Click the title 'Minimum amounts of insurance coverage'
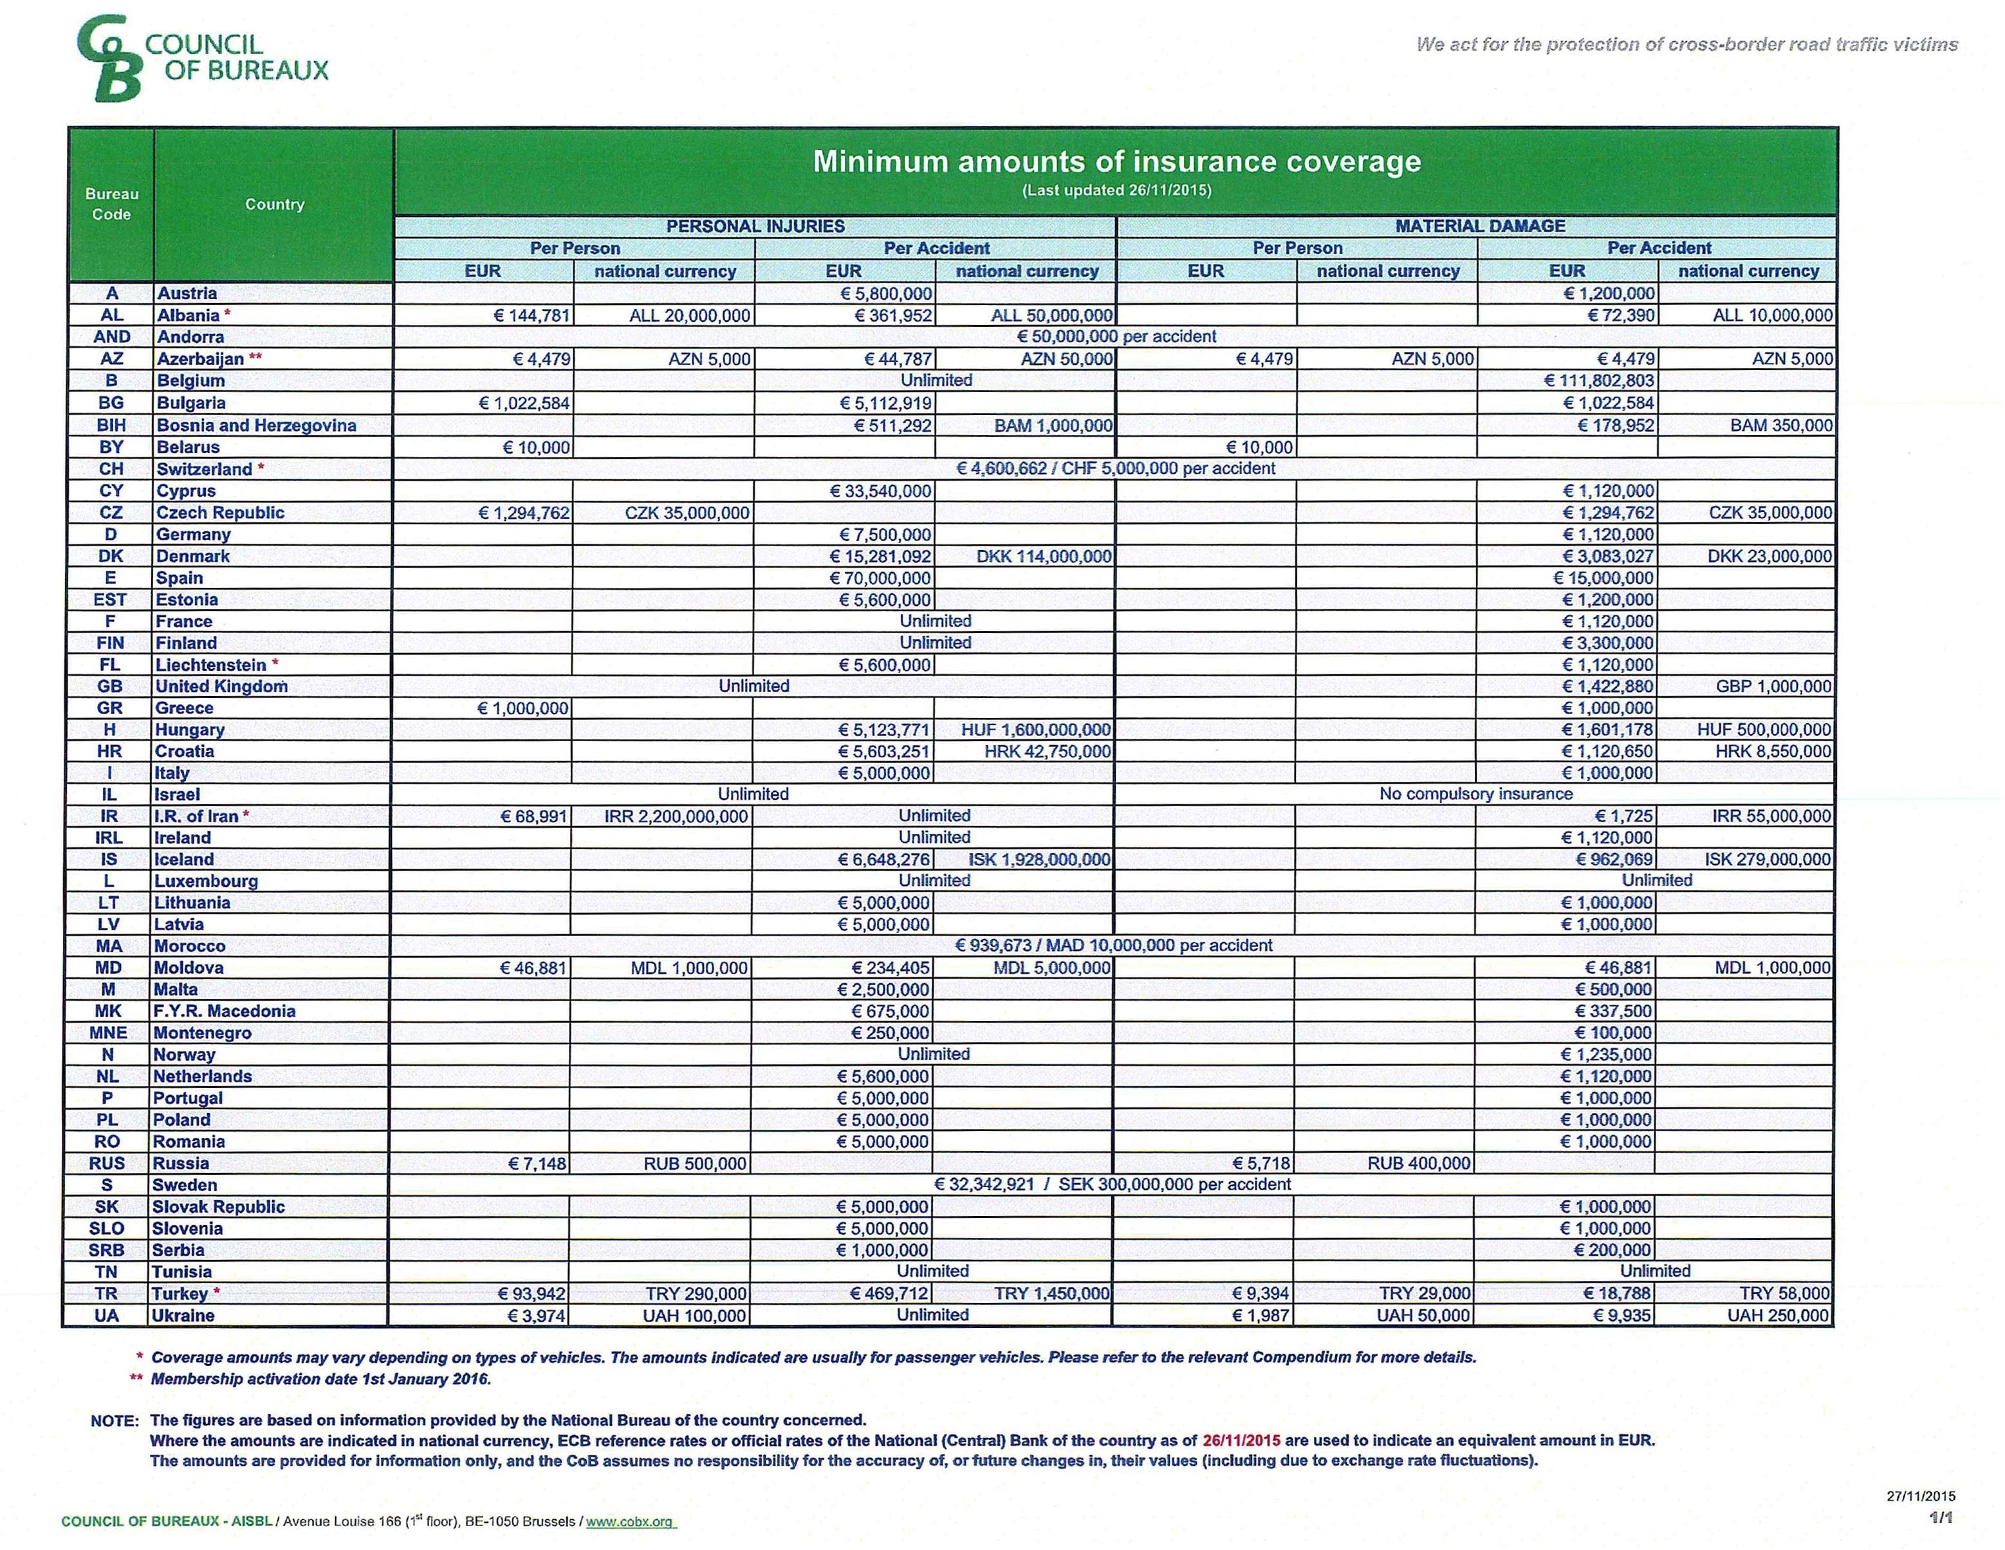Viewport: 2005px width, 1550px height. [1116, 161]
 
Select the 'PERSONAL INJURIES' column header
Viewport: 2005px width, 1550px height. [755, 226]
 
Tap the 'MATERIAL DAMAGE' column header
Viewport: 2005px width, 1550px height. [1479, 226]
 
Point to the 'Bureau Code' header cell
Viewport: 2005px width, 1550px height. [111, 204]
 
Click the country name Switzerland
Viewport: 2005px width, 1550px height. [204, 469]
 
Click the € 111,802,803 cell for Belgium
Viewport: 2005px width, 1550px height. [1598, 381]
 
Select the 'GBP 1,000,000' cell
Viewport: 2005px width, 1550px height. [1773, 687]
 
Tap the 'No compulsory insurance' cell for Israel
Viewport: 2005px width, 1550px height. [1475, 794]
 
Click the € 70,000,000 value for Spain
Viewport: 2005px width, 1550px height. [880, 578]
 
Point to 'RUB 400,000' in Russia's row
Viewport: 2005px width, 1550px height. [1418, 1163]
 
